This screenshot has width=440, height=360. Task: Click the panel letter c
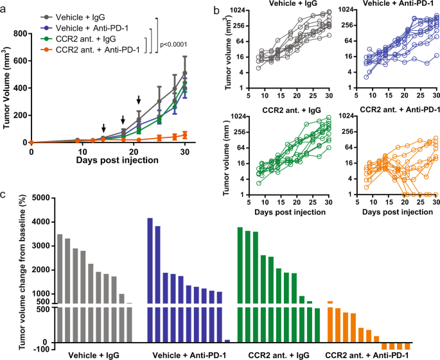[5, 193]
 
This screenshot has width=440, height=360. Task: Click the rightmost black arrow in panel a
[139, 99]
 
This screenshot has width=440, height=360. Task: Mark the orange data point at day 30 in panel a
[185, 134]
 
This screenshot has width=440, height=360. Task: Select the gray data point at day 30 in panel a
[185, 73]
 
